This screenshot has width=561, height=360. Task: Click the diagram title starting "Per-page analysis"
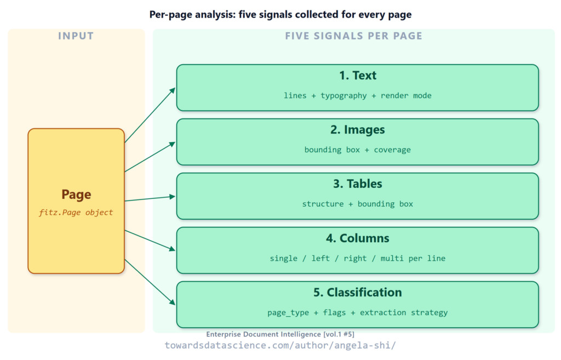click(x=280, y=15)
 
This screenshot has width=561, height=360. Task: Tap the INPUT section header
click(x=76, y=36)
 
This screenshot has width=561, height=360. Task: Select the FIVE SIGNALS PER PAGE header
click(x=353, y=36)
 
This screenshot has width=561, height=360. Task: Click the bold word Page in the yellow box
click(x=76, y=195)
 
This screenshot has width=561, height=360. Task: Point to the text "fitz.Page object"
click(x=76, y=212)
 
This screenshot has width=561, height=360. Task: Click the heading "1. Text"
click(x=357, y=76)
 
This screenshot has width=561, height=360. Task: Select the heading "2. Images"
click(x=357, y=129)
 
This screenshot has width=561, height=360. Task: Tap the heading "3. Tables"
click(x=357, y=184)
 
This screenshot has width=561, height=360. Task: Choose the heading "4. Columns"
click(x=357, y=238)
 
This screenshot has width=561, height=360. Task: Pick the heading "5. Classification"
click(x=357, y=293)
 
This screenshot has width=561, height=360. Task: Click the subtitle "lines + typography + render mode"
click(x=357, y=95)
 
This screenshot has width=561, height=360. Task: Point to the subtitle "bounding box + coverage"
click(x=357, y=150)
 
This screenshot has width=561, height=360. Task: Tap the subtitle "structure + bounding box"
click(x=357, y=204)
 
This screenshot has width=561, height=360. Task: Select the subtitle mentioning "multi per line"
click(x=357, y=258)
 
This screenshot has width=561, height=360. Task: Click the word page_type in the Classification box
click(x=288, y=312)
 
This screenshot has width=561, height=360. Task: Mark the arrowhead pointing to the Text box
click(x=173, y=90)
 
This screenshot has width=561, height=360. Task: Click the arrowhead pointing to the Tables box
click(x=172, y=197)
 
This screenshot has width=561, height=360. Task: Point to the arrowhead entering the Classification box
click(x=172, y=302)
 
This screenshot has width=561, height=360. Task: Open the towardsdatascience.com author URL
click(x=280, y=345)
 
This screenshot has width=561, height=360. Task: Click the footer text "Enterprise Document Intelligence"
click(x=264, y=334)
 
